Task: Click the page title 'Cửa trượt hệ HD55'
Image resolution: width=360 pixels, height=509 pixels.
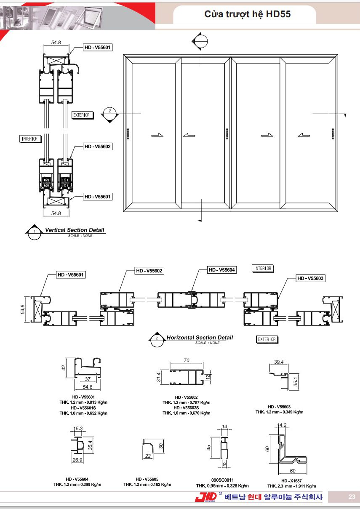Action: click(247, 14)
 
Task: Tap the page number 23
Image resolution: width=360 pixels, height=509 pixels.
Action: click(352, 496)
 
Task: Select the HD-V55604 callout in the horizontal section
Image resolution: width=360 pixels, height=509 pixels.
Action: click(221, 270)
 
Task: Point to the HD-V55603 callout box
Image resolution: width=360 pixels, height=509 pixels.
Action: click(310, 278)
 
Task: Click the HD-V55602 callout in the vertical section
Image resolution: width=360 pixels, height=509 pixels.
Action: click(98, 147)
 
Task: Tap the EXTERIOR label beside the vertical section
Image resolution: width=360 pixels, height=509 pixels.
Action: click(82, 115)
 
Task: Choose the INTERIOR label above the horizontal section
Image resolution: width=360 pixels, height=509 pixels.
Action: click(262, 268)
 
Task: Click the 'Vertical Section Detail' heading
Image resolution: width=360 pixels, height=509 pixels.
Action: click(75, 230)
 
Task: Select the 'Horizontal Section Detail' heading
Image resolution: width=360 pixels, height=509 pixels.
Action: click(200, 338)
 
